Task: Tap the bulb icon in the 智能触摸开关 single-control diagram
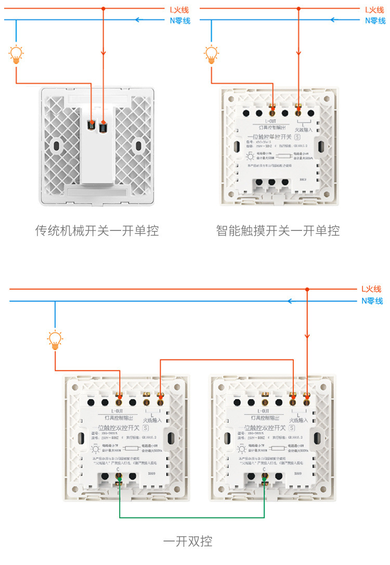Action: pyautogui.click(x=211, y=54)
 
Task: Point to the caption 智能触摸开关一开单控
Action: pyautogui.click(x=278, y=230)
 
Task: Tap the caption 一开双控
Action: pyautogui.click(x=188, y=541)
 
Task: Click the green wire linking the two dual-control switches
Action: pyautogui.click(x=192, y=517)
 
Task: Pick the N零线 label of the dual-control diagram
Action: pyautogui.click(x=372, y=301)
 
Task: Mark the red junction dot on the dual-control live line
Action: pyautogui.click(x=307, y=289)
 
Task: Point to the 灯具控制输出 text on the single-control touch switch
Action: pyautogui.click(x=272, y=127)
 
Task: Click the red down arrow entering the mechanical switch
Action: pyautogui.click(x=103, y=55)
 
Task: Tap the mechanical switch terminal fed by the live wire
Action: pyautogui.click(x=103, y=125)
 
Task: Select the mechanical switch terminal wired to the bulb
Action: pyautogui.click(x=92, y=125)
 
